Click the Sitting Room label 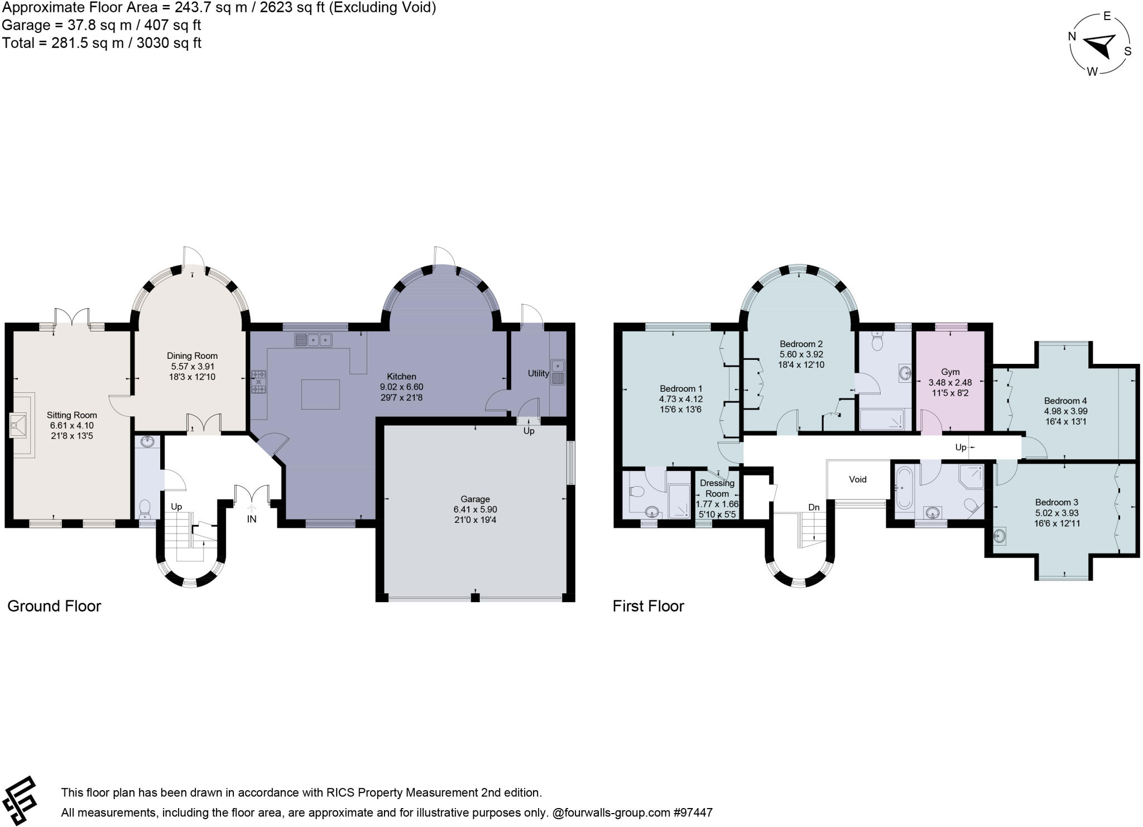coord(71,415)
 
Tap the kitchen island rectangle coord(320,394)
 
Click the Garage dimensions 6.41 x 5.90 coord(475,509)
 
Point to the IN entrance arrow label coord(252,519)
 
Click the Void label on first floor coord(858,479)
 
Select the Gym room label coord(950,372)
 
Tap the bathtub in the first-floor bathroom coord(904,490)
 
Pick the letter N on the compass coord(1072,36)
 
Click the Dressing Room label coord(717,488)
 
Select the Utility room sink coord(558,372)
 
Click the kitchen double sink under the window coord(313,339)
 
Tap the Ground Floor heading coord(54,606)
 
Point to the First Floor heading coord(648,606)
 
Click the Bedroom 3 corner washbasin coord(1000,536)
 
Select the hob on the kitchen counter coord(258,374)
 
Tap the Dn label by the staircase coord(814,507)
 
